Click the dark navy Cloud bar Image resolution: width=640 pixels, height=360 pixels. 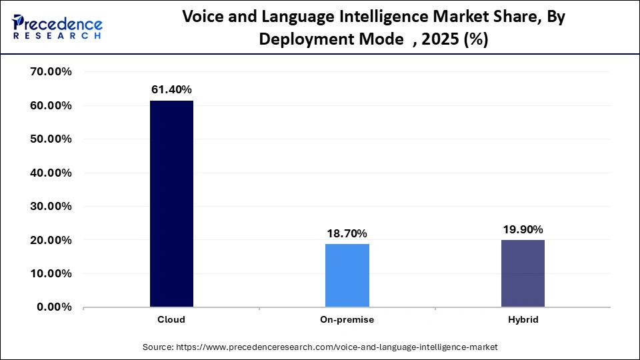click(171, 203)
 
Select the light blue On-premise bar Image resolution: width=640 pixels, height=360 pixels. click(347, 275)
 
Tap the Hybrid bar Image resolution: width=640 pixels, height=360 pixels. click(522, 273)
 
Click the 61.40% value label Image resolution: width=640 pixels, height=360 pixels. click(171, 89)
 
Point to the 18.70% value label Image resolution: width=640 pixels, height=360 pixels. click(347, 233)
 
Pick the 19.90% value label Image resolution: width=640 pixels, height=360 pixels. click(522, 229)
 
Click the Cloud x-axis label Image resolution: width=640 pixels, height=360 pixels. click(171, 320)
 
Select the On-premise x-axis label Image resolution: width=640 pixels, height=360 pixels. click(347, 320)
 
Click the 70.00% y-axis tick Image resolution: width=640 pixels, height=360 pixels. click(51, 72)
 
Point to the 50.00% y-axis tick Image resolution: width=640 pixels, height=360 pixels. click(51, 139)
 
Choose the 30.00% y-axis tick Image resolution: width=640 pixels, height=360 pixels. click(51, 207)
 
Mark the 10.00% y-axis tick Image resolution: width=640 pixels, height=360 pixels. click(51, 274)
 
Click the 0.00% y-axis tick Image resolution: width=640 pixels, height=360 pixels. click(54, 307)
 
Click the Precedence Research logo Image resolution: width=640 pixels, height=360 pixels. click(57, 27)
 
